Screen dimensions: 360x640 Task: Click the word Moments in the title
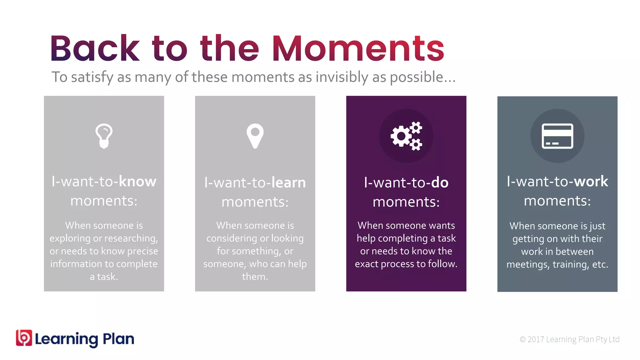point(358,49)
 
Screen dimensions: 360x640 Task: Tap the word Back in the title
point(95,49)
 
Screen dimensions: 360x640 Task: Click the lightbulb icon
point(104,136)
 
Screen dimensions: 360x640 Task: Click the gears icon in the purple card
point(406,136)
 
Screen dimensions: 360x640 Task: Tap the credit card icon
point(557,136)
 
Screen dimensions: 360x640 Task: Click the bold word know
point(137,182)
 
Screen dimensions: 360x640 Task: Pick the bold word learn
point(288,183)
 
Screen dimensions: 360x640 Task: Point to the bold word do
point(440,183)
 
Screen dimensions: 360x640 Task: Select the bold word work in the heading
point(591,182)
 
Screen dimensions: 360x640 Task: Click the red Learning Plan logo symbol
point(24,338)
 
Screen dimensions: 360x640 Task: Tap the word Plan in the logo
point(118,339)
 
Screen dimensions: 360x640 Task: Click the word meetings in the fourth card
point(528,265)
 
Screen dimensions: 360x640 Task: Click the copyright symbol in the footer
point(522,339)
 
